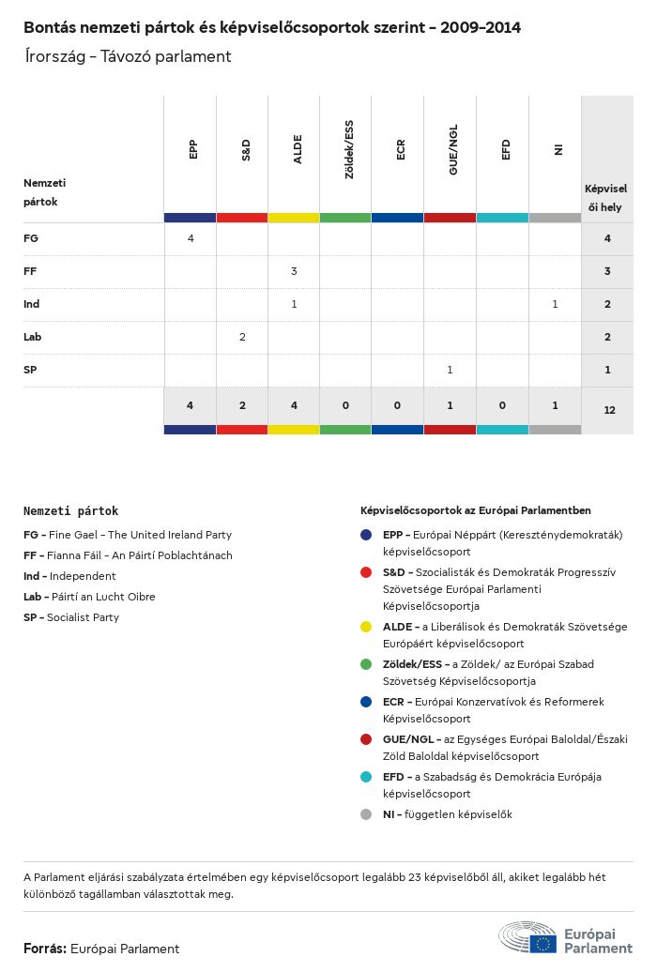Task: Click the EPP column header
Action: click(192, 149)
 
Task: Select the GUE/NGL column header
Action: click(453, 156)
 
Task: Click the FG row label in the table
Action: click(31, 239)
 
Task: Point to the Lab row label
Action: click(33, 337)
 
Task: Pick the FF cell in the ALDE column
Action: click(294, 271)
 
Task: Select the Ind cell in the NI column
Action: click(555, 304)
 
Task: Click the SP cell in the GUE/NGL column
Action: click(450, 370)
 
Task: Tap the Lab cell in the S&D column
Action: click(242, 337)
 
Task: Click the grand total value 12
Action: click(609, 410)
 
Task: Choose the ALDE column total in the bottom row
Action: click(294, 405)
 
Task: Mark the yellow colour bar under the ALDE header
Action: click(294, 218)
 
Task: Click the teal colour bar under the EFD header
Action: click(502, 218)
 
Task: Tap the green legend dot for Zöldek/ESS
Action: click(366, 664)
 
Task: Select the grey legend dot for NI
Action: click(366, 814)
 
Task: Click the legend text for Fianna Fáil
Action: click(128, 555)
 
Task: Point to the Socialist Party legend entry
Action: click(71, 617)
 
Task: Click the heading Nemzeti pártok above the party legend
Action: click(70, 511)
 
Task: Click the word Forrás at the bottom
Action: click(44, 949)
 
